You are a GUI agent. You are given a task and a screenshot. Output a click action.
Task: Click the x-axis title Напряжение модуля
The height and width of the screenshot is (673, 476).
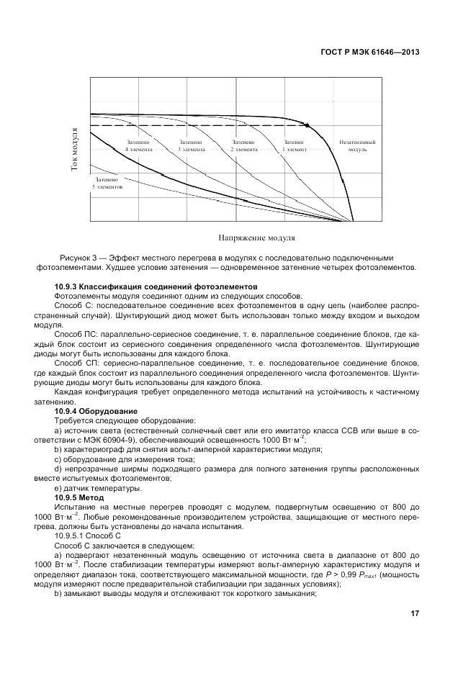(x=256, y=237)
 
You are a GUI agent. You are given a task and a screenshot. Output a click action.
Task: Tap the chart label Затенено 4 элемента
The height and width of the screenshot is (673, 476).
(x=138, y=146)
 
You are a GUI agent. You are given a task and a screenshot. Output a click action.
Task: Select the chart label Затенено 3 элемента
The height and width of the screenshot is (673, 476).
(x=191, y=146)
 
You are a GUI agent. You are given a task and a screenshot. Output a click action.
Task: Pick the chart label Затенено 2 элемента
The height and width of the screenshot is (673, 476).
(x=243, y=146)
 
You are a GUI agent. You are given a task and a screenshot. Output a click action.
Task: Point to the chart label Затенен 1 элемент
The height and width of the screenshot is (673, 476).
(x=295, y=146)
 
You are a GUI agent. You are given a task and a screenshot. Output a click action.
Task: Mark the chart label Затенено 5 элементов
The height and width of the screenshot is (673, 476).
(x=107, y=182)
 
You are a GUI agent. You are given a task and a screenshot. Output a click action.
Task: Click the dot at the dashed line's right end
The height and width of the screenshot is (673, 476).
(x=307, y=125)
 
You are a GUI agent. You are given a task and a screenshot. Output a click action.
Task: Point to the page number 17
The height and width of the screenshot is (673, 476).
(x=415, y=614)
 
